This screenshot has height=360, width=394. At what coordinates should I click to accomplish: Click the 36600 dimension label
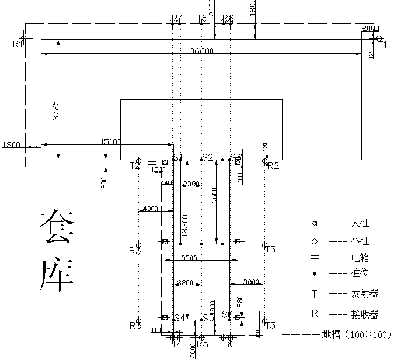point(202,51)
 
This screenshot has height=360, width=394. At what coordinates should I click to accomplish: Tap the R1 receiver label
point(19,44)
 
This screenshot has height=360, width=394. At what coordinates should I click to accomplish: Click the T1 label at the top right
point(382,45)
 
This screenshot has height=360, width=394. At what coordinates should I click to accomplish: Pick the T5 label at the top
point(202,18)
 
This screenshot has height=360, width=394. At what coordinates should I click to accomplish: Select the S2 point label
point(207,157)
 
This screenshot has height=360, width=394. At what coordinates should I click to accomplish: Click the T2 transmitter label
point(135,165)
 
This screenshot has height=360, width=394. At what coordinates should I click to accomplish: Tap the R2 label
point(273,165)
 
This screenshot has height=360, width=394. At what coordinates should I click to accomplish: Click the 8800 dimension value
point(189,258)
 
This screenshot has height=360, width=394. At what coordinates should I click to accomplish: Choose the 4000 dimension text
point(150,209)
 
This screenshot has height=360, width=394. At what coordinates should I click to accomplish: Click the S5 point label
point(207,318)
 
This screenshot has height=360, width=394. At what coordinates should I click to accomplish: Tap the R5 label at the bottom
point(202,344)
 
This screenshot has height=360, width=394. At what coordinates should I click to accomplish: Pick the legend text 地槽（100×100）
point(356,335)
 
